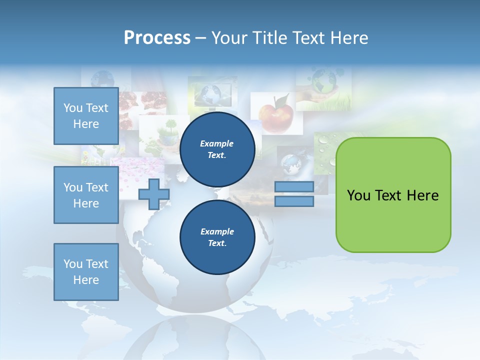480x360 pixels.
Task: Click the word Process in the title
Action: [157, 38]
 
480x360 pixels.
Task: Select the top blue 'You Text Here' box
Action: [86, 116]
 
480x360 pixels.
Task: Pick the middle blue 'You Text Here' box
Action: [86, 195]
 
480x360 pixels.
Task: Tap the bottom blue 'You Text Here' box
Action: [86, 272]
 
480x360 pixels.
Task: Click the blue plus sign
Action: [153, 194]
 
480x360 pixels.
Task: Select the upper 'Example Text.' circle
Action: [217, 149]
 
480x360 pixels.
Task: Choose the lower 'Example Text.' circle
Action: [217, 237]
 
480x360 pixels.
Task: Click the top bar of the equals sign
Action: [294, 186]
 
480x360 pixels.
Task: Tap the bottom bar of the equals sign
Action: [294, 201]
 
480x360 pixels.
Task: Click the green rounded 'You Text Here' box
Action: [393, 195]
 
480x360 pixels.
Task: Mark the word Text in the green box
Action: [391, 195]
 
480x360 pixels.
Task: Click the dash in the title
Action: [201, 38]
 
